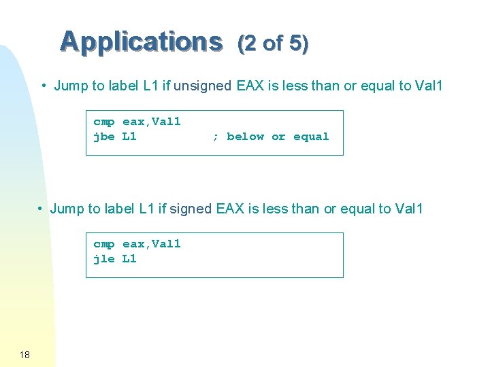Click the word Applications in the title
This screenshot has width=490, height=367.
tap(141, 41)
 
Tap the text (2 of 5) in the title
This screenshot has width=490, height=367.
tap(272, 43)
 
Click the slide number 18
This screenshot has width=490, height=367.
tap(24, 355)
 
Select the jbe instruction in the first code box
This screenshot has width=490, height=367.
tap(103, 137)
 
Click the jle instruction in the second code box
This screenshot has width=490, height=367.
tap(103, 259)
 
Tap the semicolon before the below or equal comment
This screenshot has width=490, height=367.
tap(215, 137)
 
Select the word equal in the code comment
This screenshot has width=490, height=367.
tap(311, 137)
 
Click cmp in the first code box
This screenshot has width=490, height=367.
tap(103, 122)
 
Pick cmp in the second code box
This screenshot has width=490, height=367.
tap(103, 244)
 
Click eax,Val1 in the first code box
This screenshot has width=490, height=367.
tap(151, 122)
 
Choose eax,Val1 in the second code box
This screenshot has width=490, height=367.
tap(151, 244)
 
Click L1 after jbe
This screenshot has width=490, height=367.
tap(129, 137)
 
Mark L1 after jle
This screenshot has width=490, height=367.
tap(129, 259)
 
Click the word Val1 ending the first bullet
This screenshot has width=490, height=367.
tap(428, 86)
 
